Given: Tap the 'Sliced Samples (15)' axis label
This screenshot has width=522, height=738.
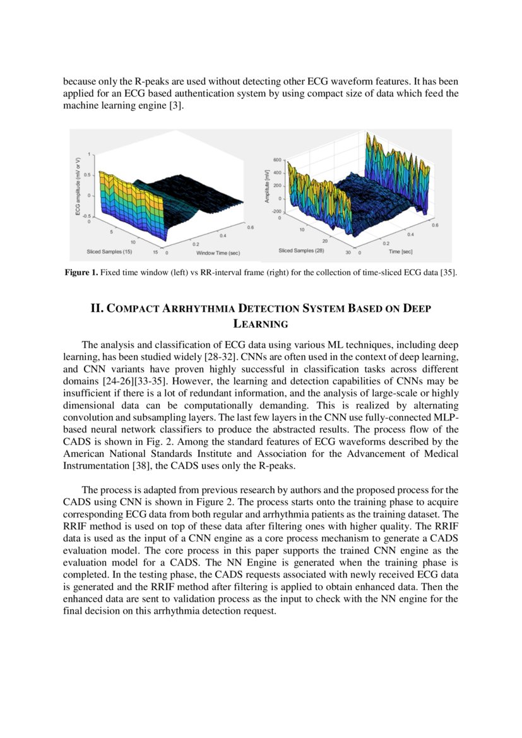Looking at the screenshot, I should point(109,251).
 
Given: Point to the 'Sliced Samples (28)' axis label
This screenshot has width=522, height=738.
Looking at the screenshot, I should point(302,251).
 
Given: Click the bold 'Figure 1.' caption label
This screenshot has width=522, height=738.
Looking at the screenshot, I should point(81,273).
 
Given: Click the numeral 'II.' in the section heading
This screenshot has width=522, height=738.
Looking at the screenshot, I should point(97,309).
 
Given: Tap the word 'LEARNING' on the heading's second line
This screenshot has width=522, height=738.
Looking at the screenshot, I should point(261,324).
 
